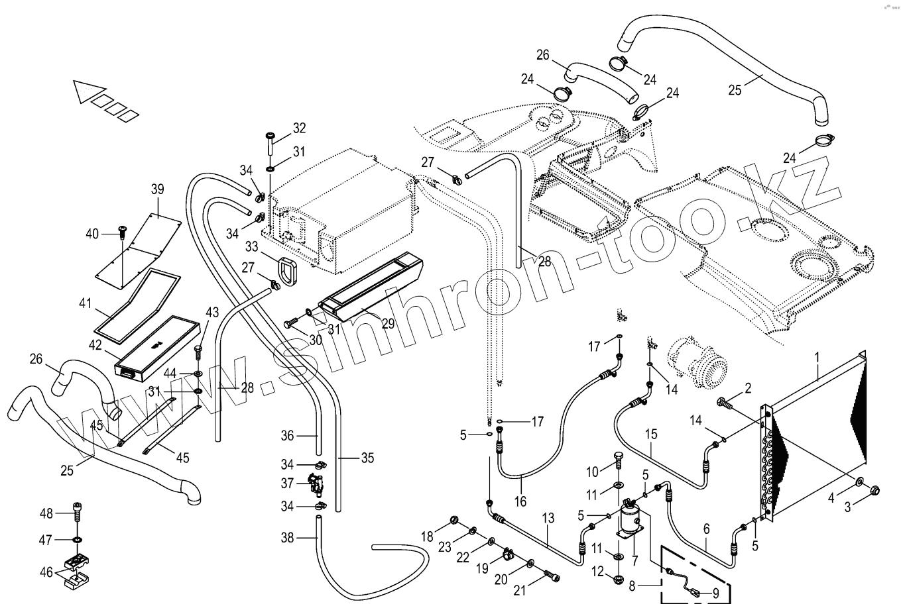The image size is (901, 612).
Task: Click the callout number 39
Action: click(x=157, y=189)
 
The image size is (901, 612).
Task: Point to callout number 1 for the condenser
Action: click(x=817, y=357)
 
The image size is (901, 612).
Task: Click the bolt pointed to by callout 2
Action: click(x=725, y=402)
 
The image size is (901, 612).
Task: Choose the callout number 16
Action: click(x=520, y=501)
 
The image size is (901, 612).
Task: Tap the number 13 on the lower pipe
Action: click(x=548, y=518)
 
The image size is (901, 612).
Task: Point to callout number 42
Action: click(x=96, y=344)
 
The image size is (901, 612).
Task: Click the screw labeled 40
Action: click(x=122, y=232)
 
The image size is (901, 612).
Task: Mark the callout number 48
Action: click(x=45, y=513)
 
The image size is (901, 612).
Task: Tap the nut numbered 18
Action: click(x=454, y=520)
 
